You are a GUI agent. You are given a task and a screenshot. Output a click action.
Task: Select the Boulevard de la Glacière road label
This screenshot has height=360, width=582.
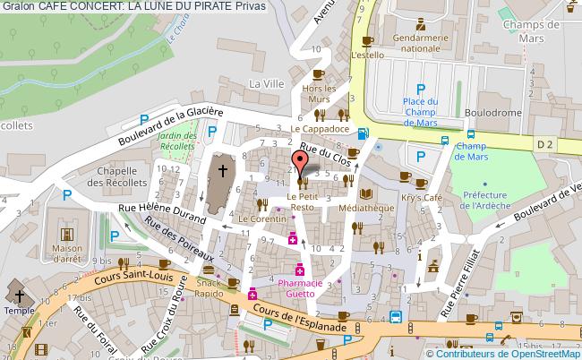click(x=171, y=127)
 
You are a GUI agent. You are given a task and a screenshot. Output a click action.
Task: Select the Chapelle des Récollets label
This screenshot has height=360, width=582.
click(x=122, y=177)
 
